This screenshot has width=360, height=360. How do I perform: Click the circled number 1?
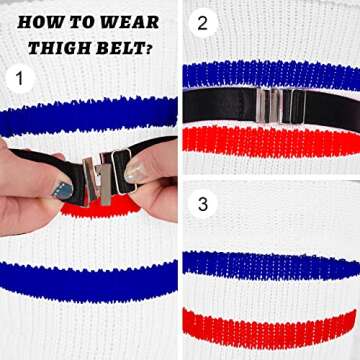point(20,79)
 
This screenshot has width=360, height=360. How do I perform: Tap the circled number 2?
point(203,23)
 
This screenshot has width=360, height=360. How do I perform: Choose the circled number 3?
point(203,204)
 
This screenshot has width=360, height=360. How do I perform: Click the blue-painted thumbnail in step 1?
point(62,190)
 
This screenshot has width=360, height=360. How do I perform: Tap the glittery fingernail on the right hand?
point(135,172)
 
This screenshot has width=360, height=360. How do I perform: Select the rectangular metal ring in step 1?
point(124,171)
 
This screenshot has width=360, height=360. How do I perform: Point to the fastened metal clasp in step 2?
point(281,105)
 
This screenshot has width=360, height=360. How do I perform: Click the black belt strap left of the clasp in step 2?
point(220,105)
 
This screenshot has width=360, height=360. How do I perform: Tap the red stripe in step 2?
point(271,141)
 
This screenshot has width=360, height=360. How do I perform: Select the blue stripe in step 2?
point(271,75)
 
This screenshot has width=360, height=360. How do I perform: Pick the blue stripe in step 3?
point(271,266)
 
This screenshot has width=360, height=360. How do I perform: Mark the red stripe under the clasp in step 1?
point(100,207)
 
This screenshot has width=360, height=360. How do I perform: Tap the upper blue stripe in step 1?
point(88,115)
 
